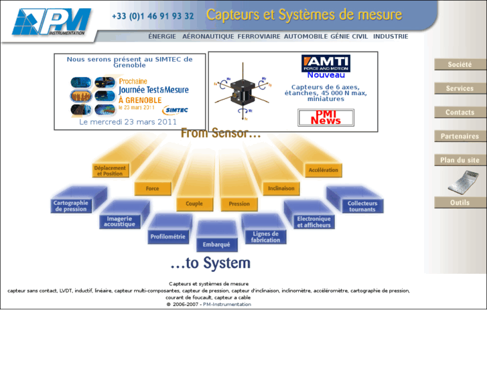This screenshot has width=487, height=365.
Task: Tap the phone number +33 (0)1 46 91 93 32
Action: click(x=153, y=16)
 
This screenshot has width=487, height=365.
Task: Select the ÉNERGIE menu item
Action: click(x=162, y=36)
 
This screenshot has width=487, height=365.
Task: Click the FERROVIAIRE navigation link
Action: click(x=259, y=36)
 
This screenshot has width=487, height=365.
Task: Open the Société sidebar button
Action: click(x=460, y=64)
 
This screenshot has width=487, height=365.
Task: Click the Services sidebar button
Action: click(x=460, y=88)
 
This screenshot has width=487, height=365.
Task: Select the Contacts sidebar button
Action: click(x=460, y=113)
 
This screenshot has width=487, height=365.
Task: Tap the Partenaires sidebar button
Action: click(x=460, y=137)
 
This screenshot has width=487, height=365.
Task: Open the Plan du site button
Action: click(x=460, y=160)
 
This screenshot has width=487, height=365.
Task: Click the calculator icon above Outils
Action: click(x=461, y=181)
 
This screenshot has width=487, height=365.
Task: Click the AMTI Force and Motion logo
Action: click(x=326, y=64)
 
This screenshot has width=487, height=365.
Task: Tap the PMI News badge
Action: click(x=326, y=118)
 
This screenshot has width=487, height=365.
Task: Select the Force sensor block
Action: click(x=153, y=189)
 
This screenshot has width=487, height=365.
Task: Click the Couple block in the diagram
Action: click(x=194, y=204)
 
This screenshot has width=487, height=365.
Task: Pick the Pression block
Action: click(x=239, y=204)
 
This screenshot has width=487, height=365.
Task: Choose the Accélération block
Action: click(x=324, y=170)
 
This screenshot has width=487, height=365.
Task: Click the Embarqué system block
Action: click(x=216, y=244)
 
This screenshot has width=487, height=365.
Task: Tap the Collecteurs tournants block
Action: click(x=362, y=206)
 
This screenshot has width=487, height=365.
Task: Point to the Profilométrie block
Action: click(x=168, y=236)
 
